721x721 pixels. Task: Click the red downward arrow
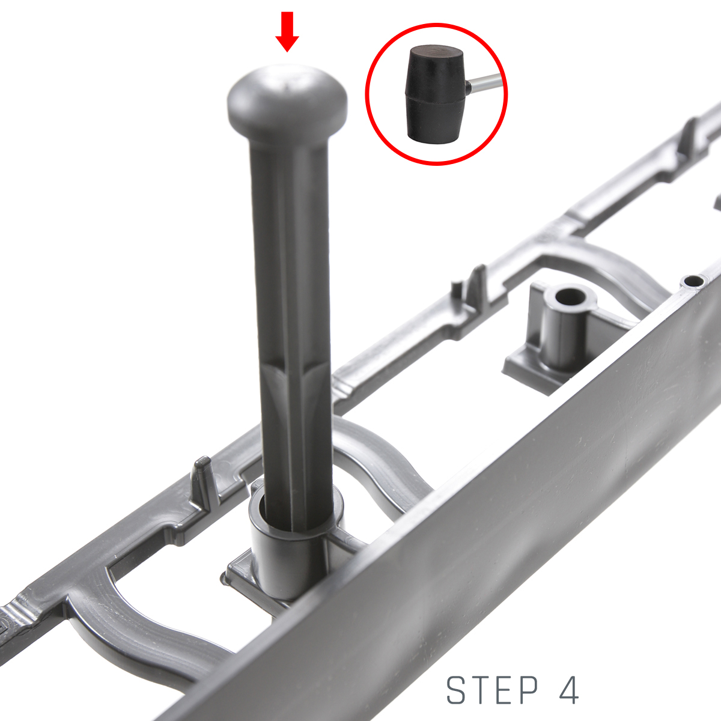(x=287, y=31)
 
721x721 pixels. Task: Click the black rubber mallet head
(x=436, y=95)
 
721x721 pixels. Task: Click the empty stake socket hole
(x=570, y=297)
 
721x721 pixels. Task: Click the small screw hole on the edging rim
(x=693, y=280)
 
